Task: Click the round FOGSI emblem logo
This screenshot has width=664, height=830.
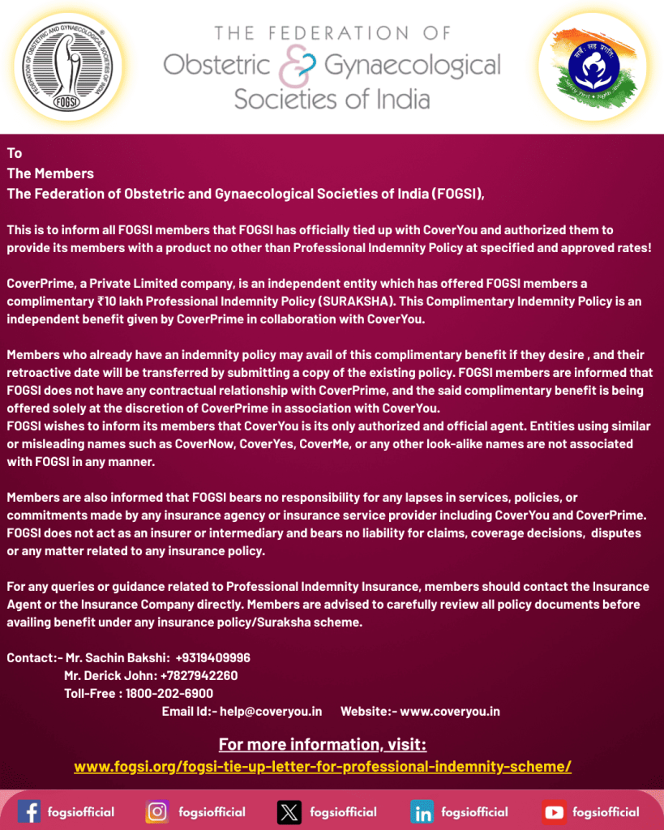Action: point(64,66)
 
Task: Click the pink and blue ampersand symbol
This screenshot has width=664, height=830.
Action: point(293,66)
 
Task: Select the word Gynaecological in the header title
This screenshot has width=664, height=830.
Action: point(412,65)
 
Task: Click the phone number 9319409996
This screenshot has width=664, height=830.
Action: point(212,657)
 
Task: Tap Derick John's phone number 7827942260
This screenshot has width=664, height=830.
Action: point(199,675)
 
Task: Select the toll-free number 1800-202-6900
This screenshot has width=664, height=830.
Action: point(169,693)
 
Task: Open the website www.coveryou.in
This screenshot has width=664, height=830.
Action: point(450,711)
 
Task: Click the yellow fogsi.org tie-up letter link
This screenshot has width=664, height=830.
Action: point(323,766)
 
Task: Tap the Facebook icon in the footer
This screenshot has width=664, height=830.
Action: point(29,811)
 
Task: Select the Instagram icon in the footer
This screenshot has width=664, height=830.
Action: point(157,811)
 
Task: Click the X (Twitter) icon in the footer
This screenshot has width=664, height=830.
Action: point(289,811)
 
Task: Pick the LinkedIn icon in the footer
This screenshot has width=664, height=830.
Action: point(422,811)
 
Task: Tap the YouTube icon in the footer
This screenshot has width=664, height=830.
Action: point(555,811)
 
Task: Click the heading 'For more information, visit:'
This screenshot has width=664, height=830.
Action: point(323,744)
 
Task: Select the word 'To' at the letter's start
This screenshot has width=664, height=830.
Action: point(15,153)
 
